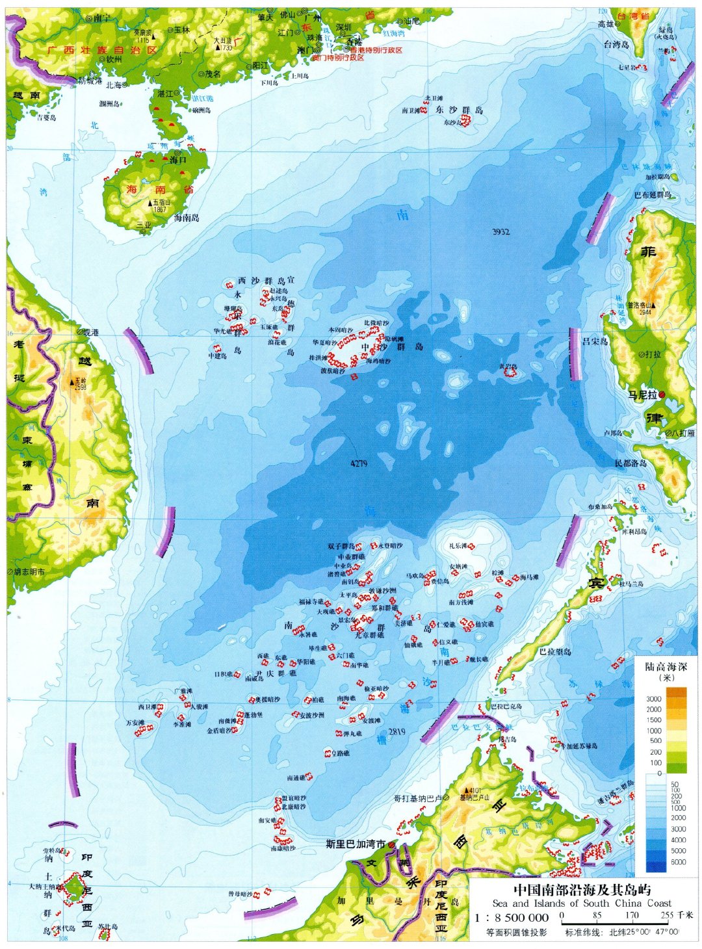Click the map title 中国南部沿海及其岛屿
tap(582, 890)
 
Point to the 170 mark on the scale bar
tap(632, 915)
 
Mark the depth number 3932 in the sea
tap(500, 232)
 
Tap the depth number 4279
tap(359, 463)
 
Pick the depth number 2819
tap(396, 732)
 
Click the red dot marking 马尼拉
tap(662, 395)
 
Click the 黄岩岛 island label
tap(507, 367)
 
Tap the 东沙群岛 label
tap(460, 110)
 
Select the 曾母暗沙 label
tap(240, 894)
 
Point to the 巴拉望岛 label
tap(555, 651)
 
